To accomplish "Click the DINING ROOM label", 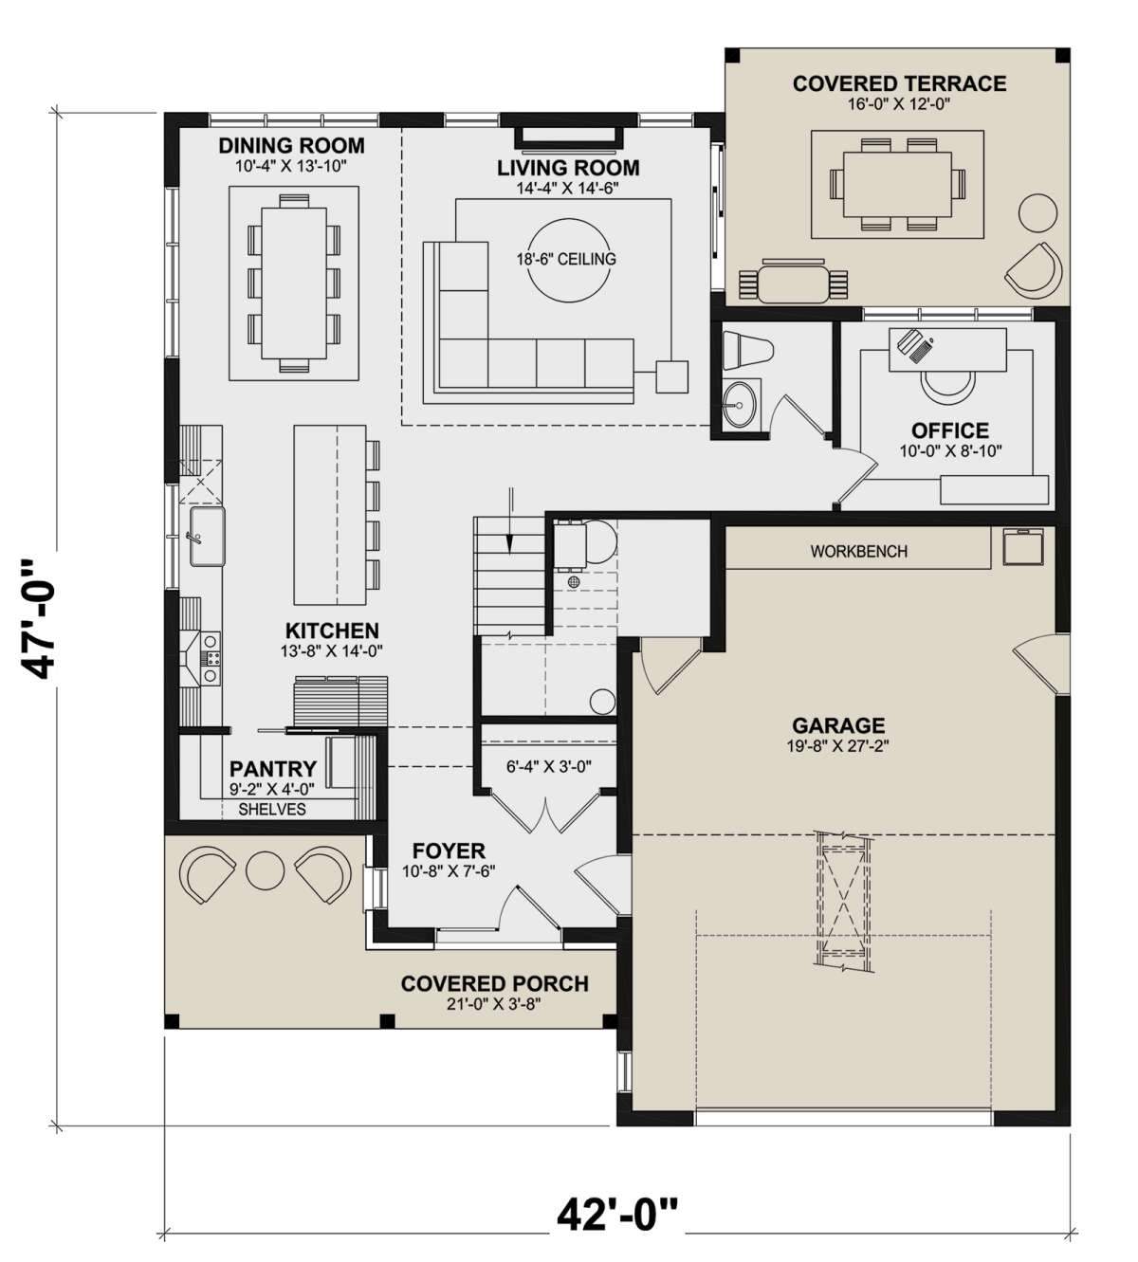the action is [x=291, y=146].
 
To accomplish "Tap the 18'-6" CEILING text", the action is [x=566, y=259].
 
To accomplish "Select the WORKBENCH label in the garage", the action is [x=858, y=552].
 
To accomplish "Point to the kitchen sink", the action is [x=207, y=537].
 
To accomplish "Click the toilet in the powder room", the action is [x=746, y=351].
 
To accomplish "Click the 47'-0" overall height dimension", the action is [x=38, y=619].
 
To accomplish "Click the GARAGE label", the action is [x=838, y=725].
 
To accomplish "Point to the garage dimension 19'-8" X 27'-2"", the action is [x=838, y=746].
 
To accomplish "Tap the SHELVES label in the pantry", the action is [x=272, y=809].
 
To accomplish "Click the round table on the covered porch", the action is [x=266, y=870].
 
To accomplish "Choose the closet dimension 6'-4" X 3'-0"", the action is [x=549, y=767].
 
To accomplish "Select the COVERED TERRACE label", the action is [x=899, y=83].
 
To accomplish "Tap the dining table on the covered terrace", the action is [x=897, y=184].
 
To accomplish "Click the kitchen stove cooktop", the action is [x=210, y=658].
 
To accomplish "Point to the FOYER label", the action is [x=449, y=850].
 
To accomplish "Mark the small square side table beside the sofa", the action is [x=671, y=376].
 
